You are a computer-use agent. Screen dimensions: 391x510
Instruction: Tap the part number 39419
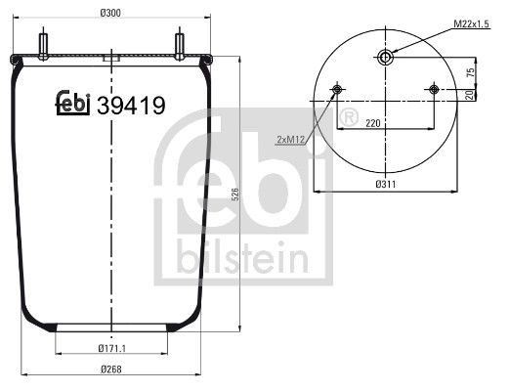click(x=131, y=103)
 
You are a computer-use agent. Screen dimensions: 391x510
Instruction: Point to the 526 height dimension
click(x=234, y=195)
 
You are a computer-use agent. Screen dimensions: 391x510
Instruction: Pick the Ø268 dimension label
click(x=110, y=369)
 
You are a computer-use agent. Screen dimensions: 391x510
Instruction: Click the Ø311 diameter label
click(x=385, y=183)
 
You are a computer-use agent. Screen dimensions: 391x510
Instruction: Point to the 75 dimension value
click(x=470, y=72)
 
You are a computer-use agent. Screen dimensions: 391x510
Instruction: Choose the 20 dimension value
click(x=470, y=95)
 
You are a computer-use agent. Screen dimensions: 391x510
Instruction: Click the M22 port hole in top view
click(x=386, y=59)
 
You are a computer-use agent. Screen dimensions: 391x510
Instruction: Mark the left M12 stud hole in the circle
click(x=338, y=91)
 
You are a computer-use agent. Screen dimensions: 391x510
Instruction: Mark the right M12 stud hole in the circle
click(x=434, y=91)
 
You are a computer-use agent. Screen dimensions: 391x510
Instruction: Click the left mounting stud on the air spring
click(x=45, y=46)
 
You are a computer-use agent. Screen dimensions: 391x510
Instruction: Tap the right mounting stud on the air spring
click(x=180, y=46)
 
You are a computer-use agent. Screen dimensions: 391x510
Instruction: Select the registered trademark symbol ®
click(x=344, y=119)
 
